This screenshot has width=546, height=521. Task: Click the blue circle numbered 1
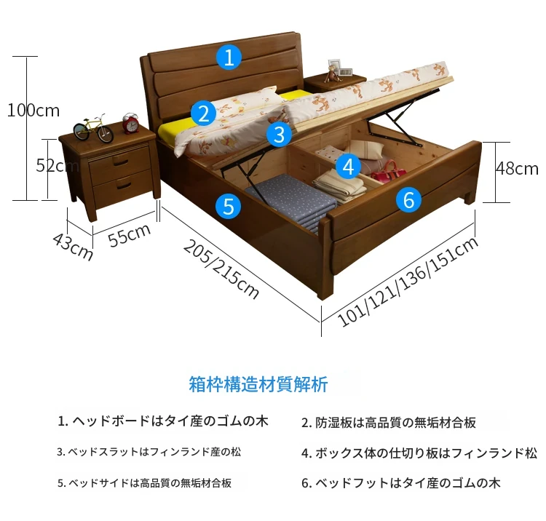(229, 57)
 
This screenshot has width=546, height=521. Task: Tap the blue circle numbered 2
(203, 113)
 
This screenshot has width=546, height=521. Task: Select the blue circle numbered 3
(280, 134)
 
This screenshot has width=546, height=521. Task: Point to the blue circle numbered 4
(349, 167)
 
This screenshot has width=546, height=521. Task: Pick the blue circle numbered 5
(228, 206)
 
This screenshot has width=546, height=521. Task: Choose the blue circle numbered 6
(408, 199)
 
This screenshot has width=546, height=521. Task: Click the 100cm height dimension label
(33, 111)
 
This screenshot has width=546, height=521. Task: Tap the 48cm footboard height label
(517, 168)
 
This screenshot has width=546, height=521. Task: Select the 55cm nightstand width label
(129, 235)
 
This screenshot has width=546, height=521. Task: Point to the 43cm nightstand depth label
(73, 247)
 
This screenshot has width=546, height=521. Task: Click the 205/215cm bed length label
(221, 269)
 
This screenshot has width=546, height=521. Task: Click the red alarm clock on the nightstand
(131, 123)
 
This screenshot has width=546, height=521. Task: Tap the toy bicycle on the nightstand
(93, 128)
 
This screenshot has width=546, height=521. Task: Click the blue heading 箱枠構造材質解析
(258, 384)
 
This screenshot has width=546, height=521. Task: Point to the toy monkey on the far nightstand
(332, 74)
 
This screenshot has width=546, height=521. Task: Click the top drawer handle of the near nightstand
(121, 162)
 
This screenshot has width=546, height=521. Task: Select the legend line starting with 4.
(419, 453)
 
